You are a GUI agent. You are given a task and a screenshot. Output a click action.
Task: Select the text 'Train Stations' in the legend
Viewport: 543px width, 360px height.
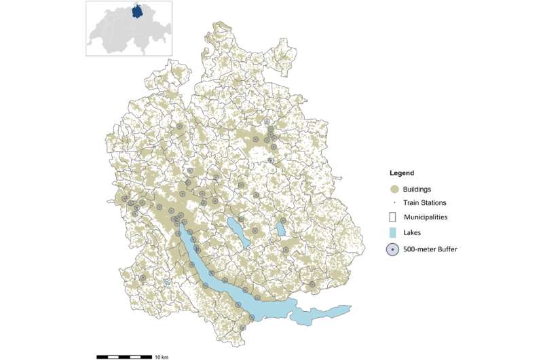point(425,202)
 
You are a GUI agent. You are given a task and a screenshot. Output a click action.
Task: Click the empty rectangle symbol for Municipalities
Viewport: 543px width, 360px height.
point(392,217)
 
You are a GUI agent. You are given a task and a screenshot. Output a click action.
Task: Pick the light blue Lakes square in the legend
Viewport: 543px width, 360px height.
point(392,233)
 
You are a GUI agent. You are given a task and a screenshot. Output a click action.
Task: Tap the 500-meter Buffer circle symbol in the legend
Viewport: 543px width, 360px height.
point(392,249)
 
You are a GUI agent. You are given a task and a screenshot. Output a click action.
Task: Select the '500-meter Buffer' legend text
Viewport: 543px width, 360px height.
point(430,249)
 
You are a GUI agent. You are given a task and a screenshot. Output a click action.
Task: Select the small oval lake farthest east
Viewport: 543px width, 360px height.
point(280,228)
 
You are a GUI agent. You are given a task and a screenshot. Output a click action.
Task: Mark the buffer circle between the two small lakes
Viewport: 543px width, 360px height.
point(255,232)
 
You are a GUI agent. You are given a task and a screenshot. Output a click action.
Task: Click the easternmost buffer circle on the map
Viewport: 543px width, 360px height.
point(312,285)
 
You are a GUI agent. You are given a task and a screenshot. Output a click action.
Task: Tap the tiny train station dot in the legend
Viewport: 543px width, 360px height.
point(392,202)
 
